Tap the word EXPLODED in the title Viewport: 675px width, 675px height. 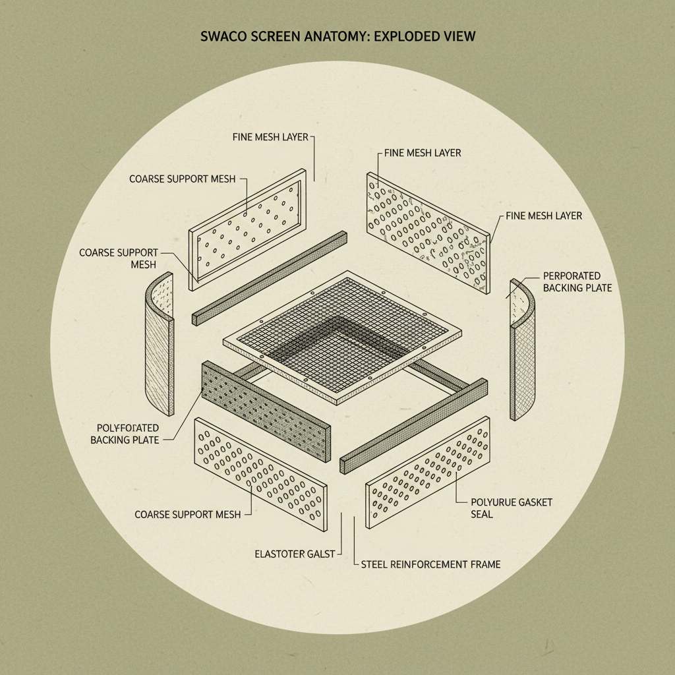(x=405, y=36)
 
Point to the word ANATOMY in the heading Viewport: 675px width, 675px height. (x=336, y=36)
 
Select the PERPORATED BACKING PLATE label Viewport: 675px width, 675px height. (x=577, y=281)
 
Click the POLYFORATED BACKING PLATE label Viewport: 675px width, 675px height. (x=125, y=434)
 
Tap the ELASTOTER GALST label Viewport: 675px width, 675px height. (x=295, y=554)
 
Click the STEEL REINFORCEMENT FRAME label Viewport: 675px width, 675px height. (x=430, y=564)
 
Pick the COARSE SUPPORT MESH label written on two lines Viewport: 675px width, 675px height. (x=119, y=258)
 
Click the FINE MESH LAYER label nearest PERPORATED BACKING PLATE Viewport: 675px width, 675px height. (x=544, y=216)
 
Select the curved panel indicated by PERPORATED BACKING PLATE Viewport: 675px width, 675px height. (x=522, y=349)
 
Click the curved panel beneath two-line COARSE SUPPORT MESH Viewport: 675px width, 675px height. (x=160, y=343)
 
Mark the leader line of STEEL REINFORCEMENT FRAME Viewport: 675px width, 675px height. (x=355, y=537)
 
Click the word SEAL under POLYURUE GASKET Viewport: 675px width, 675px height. (x=482, y=514)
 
